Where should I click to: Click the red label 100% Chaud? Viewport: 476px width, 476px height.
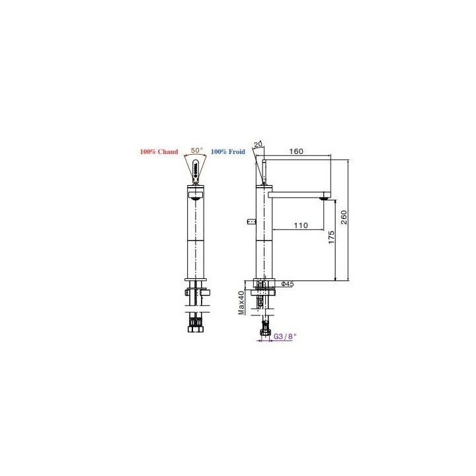[x=159, y=151]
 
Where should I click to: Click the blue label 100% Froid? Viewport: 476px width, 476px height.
[x=227, y=151]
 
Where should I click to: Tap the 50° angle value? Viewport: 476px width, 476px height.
[x=197, y=150]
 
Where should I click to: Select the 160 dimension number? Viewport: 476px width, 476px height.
[x=296, y=151]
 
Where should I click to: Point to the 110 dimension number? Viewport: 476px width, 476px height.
[x=301, y=225]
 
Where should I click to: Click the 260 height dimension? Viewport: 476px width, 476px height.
[x=344, y=218]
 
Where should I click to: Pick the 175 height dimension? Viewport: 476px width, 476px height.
[x=331, y=237]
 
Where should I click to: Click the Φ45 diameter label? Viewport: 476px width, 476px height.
[x=287, y=284]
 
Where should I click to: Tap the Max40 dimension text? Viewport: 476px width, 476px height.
[x=241, y=303]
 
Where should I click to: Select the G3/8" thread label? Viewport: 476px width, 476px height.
[x=285, y=337]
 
